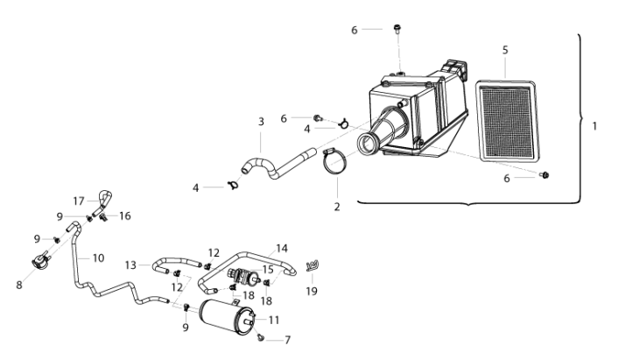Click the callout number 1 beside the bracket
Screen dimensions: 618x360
click(x=594, y=126)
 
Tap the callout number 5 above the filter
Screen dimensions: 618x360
click(x=505, y=50)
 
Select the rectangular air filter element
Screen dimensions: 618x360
click(x=508, y=121)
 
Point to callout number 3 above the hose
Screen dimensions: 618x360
click(x=261, y=122)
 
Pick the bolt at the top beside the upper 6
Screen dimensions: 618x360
click(x=397, y=29)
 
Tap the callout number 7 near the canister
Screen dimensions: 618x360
click(x=287, y=340)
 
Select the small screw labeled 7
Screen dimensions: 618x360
click(x=260, y=337)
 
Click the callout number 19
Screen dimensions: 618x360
click(x=312, y=291)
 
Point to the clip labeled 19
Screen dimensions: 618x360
click(x=313, y=265)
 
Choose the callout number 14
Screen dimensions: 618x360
click(x=281, y=249)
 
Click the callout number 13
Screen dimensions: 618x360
click(x=130, y=265)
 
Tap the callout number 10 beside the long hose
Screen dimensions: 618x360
click(x=98, y=258)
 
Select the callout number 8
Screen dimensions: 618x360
click(x=19, y=285)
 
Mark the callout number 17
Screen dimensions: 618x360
click(x=79, y=201)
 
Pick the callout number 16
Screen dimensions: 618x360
click(x=125, y=216)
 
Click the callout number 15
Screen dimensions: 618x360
click(x=268, y=270)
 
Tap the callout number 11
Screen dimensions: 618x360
click(x=274, y=320)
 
